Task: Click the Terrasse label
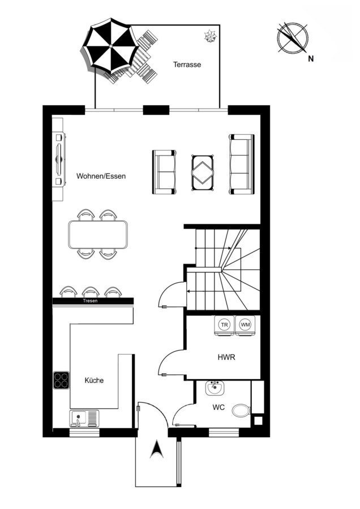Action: (187, 64)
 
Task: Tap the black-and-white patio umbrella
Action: (110, 46)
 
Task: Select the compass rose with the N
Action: (293, 38)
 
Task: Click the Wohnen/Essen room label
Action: (101, 176)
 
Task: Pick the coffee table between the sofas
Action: (203, 172)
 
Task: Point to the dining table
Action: (98, 234)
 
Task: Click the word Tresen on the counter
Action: (90, 301)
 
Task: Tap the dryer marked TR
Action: (224, 325)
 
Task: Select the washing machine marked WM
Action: (245, 325)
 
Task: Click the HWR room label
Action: (226, 357)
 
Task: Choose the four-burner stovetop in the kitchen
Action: (61, 380)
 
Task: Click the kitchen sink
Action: (84, 419)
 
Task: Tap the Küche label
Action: (94, 380)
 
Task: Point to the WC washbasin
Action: (215, 387)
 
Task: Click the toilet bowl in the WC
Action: (241, 411)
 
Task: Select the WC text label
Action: (218, 407)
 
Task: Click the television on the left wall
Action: (59, 159)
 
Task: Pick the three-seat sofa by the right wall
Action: (241, 164)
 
